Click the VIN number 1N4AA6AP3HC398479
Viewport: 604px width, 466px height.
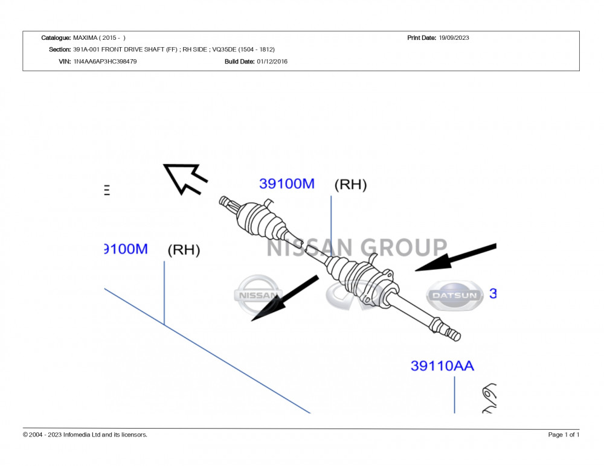point(104,62)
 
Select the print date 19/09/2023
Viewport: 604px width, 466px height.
point(454,38)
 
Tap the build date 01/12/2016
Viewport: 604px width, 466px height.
point(272,62)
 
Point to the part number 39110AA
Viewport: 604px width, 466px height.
point(442,366)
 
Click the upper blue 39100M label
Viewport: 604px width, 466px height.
point(287,184)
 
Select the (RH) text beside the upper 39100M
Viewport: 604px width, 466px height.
point(350,185)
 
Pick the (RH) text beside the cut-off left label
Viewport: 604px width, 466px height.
point(184,250)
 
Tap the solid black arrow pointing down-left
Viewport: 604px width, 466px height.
point(284,298)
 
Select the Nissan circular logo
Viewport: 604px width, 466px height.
point(258,295)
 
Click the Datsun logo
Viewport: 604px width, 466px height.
point(455,295)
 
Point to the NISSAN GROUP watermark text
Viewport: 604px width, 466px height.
point(356,247)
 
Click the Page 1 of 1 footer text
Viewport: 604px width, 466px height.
point(564,435)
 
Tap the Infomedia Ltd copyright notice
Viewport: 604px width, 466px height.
point(85,435)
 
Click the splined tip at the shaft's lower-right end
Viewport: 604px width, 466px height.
point(452,333)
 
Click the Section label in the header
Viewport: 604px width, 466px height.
point(60,49)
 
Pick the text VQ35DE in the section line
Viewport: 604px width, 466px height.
point(225,49)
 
